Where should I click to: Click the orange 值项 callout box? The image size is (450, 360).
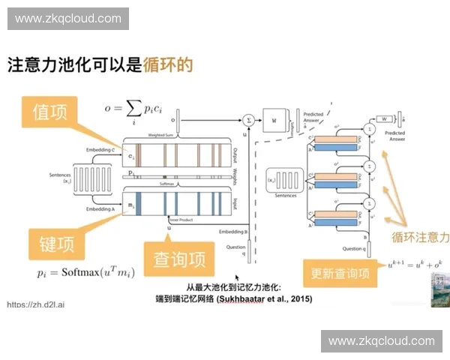pyautogui.click(x=50, y=112)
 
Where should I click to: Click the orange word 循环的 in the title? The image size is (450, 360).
pyautogui.click(x=168, y=64)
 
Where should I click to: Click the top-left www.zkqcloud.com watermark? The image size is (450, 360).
pyautogui.click(x=68, y=19)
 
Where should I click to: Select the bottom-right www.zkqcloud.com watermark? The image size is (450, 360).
pyautogui.click(x=381, y=341)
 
